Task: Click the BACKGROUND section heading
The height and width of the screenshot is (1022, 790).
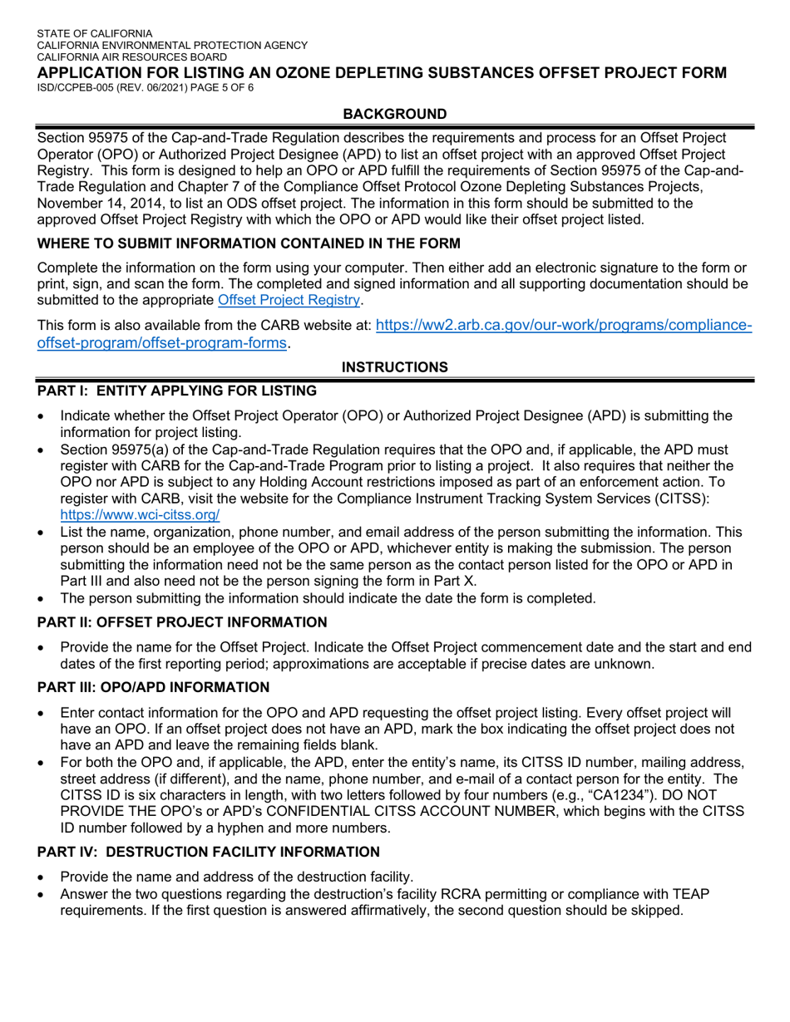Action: [395, 113]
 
